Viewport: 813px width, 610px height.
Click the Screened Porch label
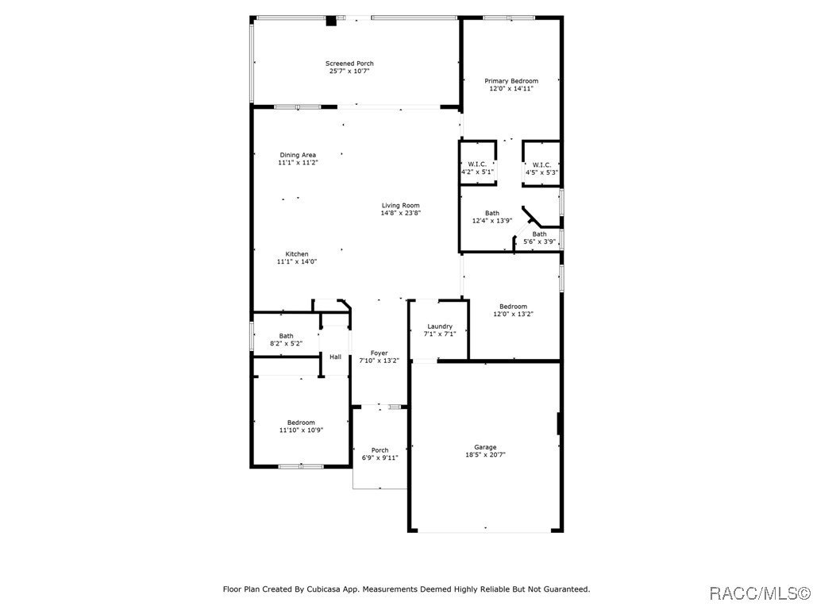point(349,64)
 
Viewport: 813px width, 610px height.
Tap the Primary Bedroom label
point(511,81)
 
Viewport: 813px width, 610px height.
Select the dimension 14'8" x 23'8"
point(400,213)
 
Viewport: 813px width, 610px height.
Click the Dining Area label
point(298,155)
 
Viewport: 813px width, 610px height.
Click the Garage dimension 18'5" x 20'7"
point(485,455)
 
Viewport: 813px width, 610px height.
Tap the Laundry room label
point(440,326)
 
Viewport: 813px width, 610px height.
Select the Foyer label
point(380,353)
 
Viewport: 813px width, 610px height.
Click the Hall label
point(336,357)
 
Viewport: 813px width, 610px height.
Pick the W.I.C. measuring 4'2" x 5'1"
point(477,164)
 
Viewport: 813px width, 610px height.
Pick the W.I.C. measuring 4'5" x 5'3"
point(541,164)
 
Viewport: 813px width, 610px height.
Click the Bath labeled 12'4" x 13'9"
point(492,213)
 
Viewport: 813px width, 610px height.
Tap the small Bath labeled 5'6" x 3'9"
point(539,234)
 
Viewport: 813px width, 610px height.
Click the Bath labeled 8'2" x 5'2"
point(286,336)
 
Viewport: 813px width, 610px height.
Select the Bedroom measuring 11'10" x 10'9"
point(301,423)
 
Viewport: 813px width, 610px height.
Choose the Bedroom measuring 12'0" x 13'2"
point(513,307)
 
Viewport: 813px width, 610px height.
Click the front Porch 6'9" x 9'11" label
point(380,450)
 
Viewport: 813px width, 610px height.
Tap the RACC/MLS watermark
point(758,593)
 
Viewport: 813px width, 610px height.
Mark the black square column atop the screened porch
point(332,21)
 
